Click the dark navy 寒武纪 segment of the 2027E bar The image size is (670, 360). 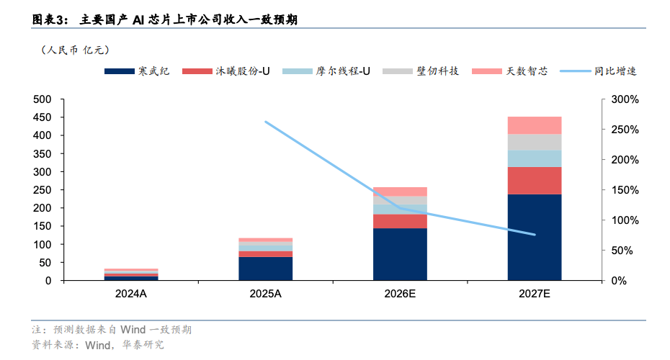[x=535, y=237]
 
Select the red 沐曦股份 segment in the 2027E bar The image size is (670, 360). [x=535, y=180]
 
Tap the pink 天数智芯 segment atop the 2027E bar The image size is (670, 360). [x=535, y=125]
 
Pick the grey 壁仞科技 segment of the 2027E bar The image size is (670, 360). [x=535, y=142]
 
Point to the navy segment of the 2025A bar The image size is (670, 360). [x=266, y=268]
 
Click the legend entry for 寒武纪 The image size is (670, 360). [x=137, y=71]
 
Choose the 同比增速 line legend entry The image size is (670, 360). [x=597, y=71]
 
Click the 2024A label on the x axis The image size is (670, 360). [x=130, y=294]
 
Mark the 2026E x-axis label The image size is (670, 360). [x=400, y=294]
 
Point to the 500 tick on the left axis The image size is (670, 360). [x=43, y=99]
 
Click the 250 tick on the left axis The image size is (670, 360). [x=43, y=190]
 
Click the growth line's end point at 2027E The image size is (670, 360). [x=535, y=235]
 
